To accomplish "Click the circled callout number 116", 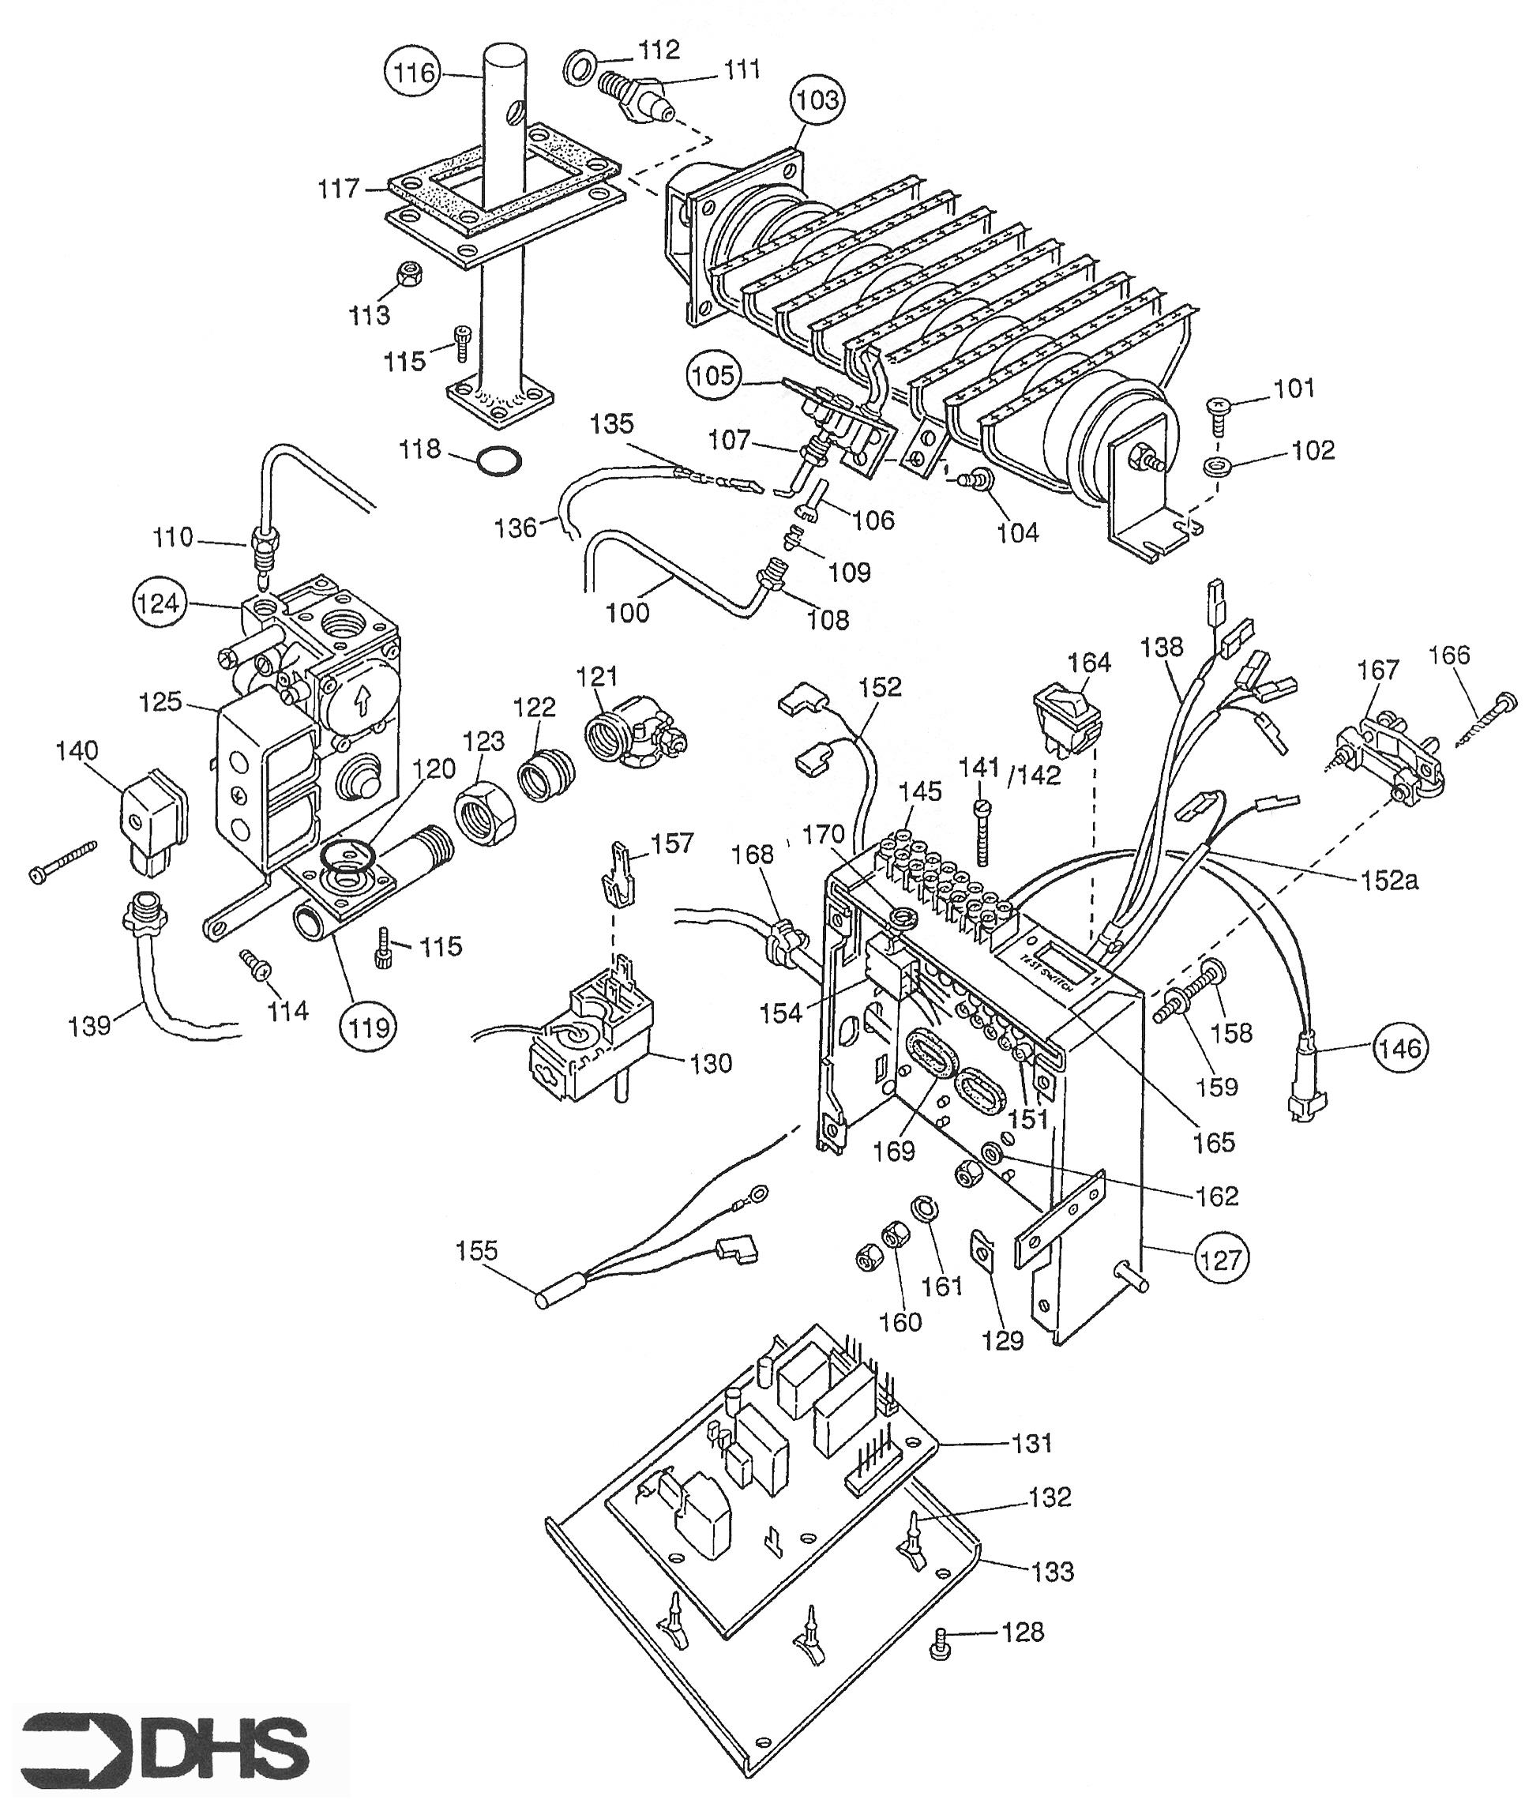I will [414, 73].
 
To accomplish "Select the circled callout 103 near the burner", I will [817, 100].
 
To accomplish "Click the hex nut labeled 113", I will [408, 275].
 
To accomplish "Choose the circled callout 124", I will [158, 603].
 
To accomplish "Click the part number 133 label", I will [1052, 1571].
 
